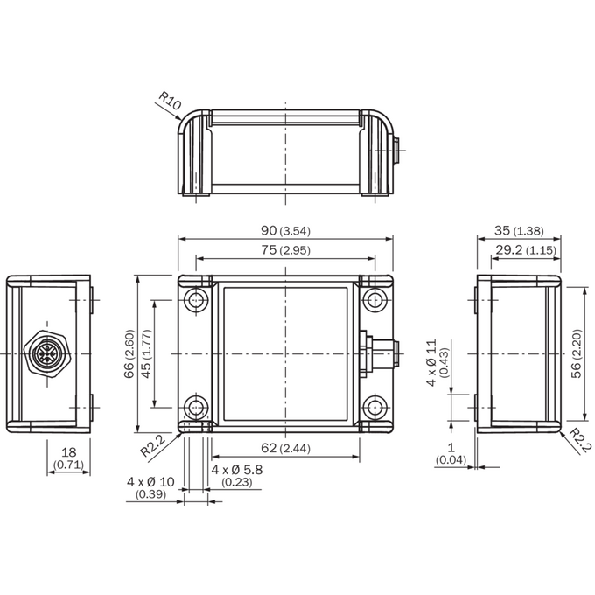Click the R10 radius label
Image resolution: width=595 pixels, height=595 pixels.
(170, 100)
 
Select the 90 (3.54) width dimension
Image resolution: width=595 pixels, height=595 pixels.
(285, 230)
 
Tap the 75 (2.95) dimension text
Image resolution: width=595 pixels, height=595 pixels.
(285, 250)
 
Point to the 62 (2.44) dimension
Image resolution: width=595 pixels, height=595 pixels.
(285, 448)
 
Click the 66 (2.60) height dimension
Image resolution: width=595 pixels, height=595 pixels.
(129, 353)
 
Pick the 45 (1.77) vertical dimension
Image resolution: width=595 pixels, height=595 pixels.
(146, 353)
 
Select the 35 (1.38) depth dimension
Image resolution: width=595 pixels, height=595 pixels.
(519, 230)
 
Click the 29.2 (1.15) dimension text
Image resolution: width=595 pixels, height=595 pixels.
(526, 250)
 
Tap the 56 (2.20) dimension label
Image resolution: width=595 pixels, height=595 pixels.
(577, 353)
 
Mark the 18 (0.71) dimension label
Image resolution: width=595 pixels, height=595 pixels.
(68, 458)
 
